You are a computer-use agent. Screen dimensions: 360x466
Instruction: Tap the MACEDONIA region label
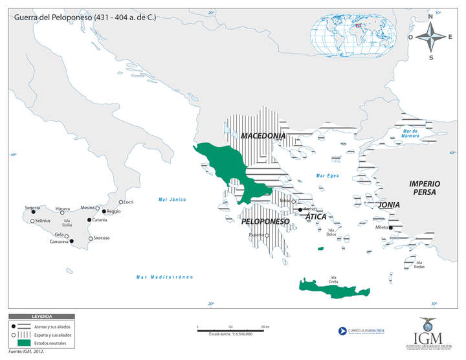(263, 136)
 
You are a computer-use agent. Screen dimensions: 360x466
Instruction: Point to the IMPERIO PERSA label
(425, 188)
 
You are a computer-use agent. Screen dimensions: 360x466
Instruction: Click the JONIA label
(390, 205)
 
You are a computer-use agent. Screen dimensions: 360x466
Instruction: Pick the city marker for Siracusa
(91, 238)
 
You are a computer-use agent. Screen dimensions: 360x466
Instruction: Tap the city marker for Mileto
(391, 227)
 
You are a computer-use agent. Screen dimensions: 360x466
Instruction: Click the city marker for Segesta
(34, 212)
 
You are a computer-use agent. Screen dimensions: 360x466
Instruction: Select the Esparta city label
(257, 234)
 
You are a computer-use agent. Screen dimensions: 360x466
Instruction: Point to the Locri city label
(129, 202)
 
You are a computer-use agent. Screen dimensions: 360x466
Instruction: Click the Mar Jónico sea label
(172, 199)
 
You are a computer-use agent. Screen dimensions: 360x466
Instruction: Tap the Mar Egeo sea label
(327, 175)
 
